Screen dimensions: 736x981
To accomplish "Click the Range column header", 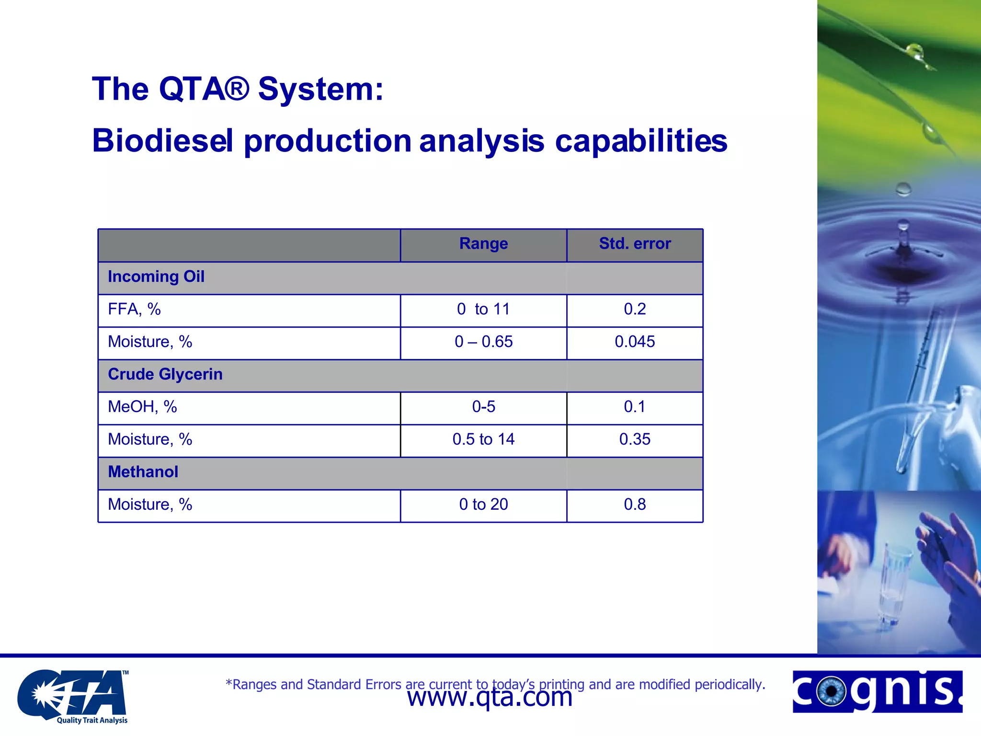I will pyautogui.click(x=483, y=244).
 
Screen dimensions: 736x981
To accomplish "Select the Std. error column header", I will pyautogui.click(x=635, y=244).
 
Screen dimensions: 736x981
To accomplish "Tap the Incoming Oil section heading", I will pyautogui.click(x=156, y=277).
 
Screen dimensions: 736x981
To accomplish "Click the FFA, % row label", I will pyautogui.click(x=134, y=310).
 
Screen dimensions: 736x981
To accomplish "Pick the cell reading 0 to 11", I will pyautogui.click(x=483, y=310).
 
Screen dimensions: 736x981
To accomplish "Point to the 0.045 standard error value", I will pyautogui.click(x=635, y=342).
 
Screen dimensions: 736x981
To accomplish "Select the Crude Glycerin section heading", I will pyautogui.click(x=165, y=374).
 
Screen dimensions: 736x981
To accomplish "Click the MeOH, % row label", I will pyautogui.click(x=142, y=407).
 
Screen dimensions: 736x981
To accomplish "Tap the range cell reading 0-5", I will pyautogui.click(x=483, y=407).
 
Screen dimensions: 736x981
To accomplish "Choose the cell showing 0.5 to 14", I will pyautogui.click(x=483, y=439).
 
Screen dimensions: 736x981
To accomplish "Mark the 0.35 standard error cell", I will pyautogui.click(x=635, y=439).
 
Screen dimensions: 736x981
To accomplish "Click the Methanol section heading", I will pyautogui.click(x=143, y=472).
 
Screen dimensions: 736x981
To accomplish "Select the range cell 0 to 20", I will pyautogui.click(x=483, y=505).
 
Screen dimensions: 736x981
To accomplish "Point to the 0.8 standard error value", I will pyautogui.click(x=635, y=505).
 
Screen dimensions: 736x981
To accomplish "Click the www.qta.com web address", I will pyautogui.click(x=490, y=699).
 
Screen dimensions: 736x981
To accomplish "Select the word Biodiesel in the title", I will pyautogui.click(x=163, y=141).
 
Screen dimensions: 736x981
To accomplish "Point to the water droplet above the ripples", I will pyautogui.click(x=903, y=189).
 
